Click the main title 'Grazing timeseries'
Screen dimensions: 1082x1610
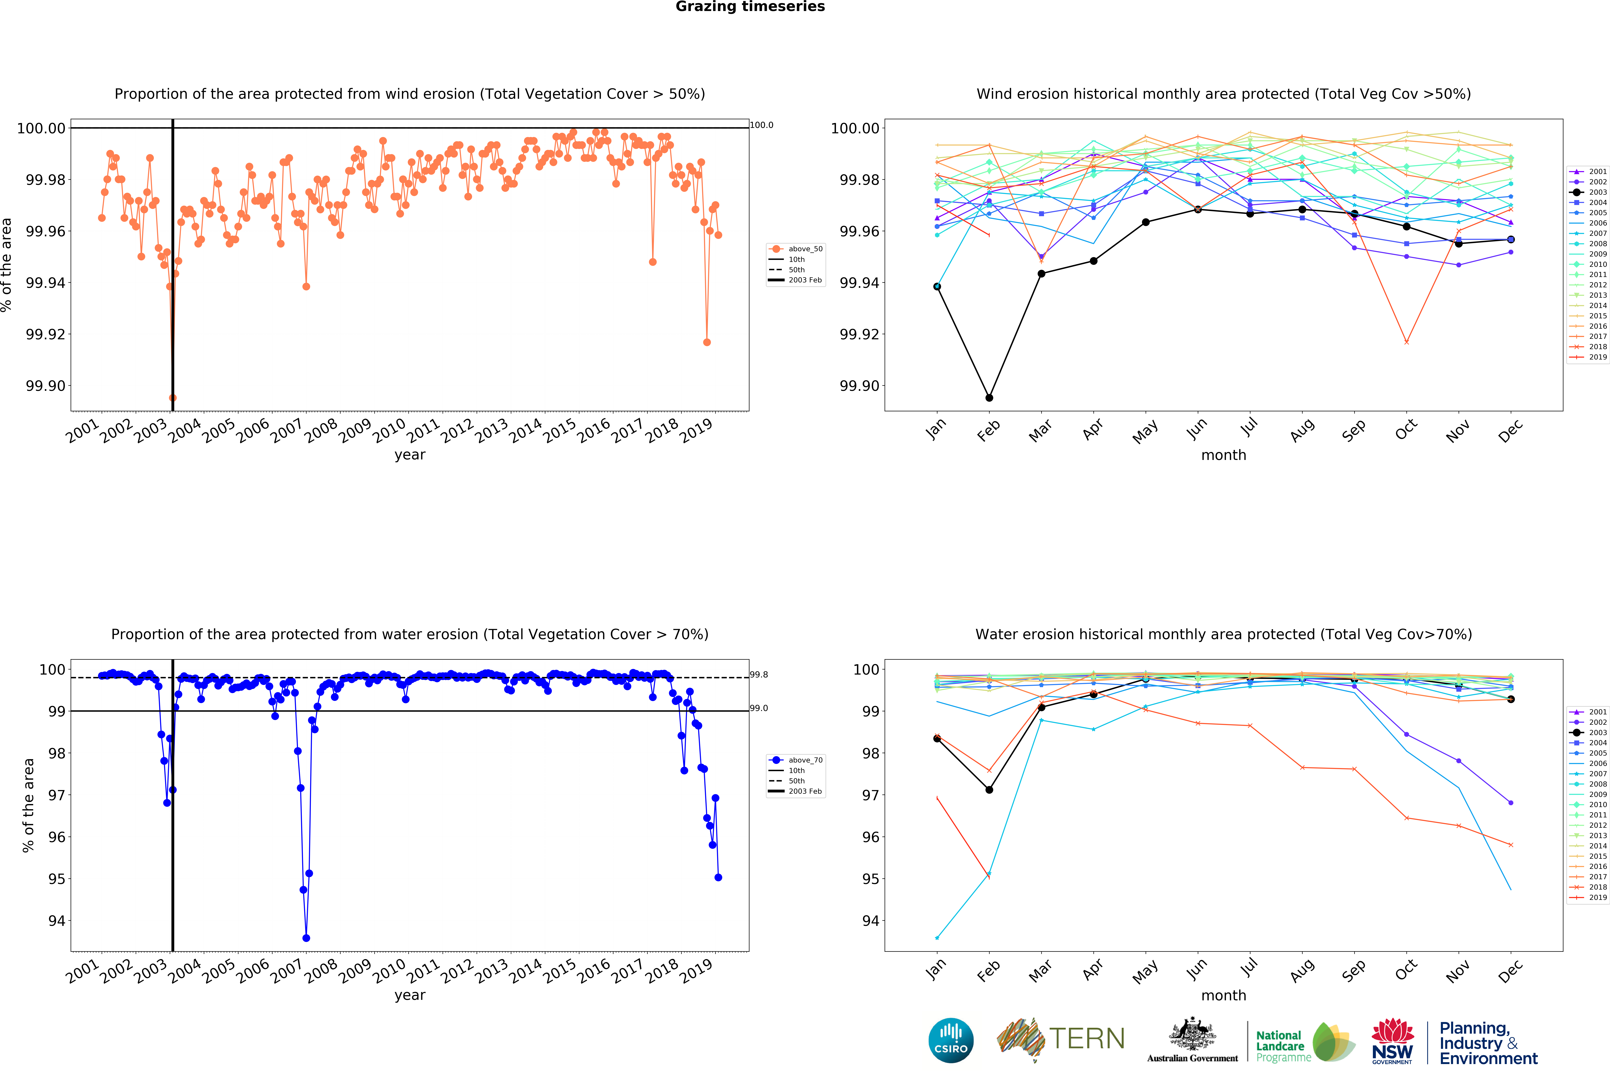click(750, 7)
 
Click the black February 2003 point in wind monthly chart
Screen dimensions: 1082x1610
click(989, 397)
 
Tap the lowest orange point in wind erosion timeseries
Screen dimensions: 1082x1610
click(172, 397)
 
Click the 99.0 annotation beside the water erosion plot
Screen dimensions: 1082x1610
click(759, 708)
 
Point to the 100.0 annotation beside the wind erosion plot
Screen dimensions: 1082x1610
click(761, 125)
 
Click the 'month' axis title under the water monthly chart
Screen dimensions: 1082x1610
click(1223, 995)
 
